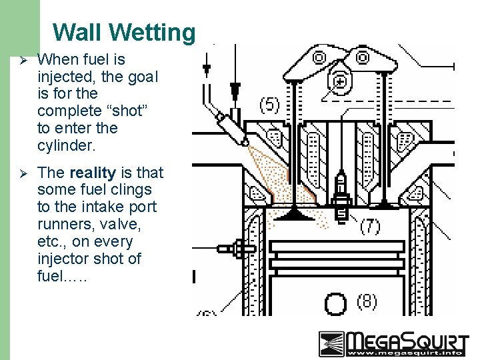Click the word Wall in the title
click(77, 32)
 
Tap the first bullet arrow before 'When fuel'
click(22, 60)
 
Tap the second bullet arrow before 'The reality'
click(22, 173)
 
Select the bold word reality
click(92, 173)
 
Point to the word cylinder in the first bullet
click(67, 145)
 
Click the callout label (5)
click(269, 105)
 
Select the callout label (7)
click(370, 226)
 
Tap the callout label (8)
click(367, 301)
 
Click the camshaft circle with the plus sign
click(341, 81)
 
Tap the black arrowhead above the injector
click(235, 87)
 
